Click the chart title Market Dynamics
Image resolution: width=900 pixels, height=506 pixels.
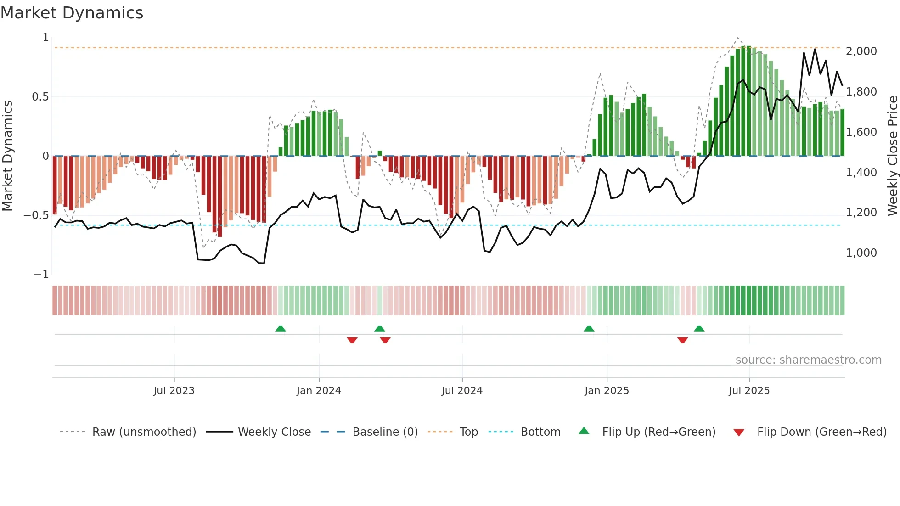(72, 13)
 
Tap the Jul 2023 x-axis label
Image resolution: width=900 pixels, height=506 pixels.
(174, 391)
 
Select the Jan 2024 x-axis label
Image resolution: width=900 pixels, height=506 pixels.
(319, 391)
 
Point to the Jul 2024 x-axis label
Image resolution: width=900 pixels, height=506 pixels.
(462, 391)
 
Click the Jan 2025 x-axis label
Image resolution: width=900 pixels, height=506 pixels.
(607, 391)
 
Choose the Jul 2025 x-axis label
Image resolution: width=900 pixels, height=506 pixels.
(749, 391)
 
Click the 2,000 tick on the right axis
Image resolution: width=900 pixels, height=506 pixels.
(861, 51)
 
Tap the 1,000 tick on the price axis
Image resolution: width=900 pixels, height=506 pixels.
(861, 253)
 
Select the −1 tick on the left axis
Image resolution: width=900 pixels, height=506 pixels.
(41, 275)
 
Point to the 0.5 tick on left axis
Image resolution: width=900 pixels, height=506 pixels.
(40, 97)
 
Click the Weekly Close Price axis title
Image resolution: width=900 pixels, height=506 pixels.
(892, 156)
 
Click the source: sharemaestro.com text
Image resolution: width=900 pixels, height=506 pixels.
(808, 360)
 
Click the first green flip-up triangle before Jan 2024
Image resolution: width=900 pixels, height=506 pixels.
(281, 328)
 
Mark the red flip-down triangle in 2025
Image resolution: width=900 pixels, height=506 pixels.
(682, 340)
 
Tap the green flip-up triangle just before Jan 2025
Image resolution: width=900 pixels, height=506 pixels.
(589, 328)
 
